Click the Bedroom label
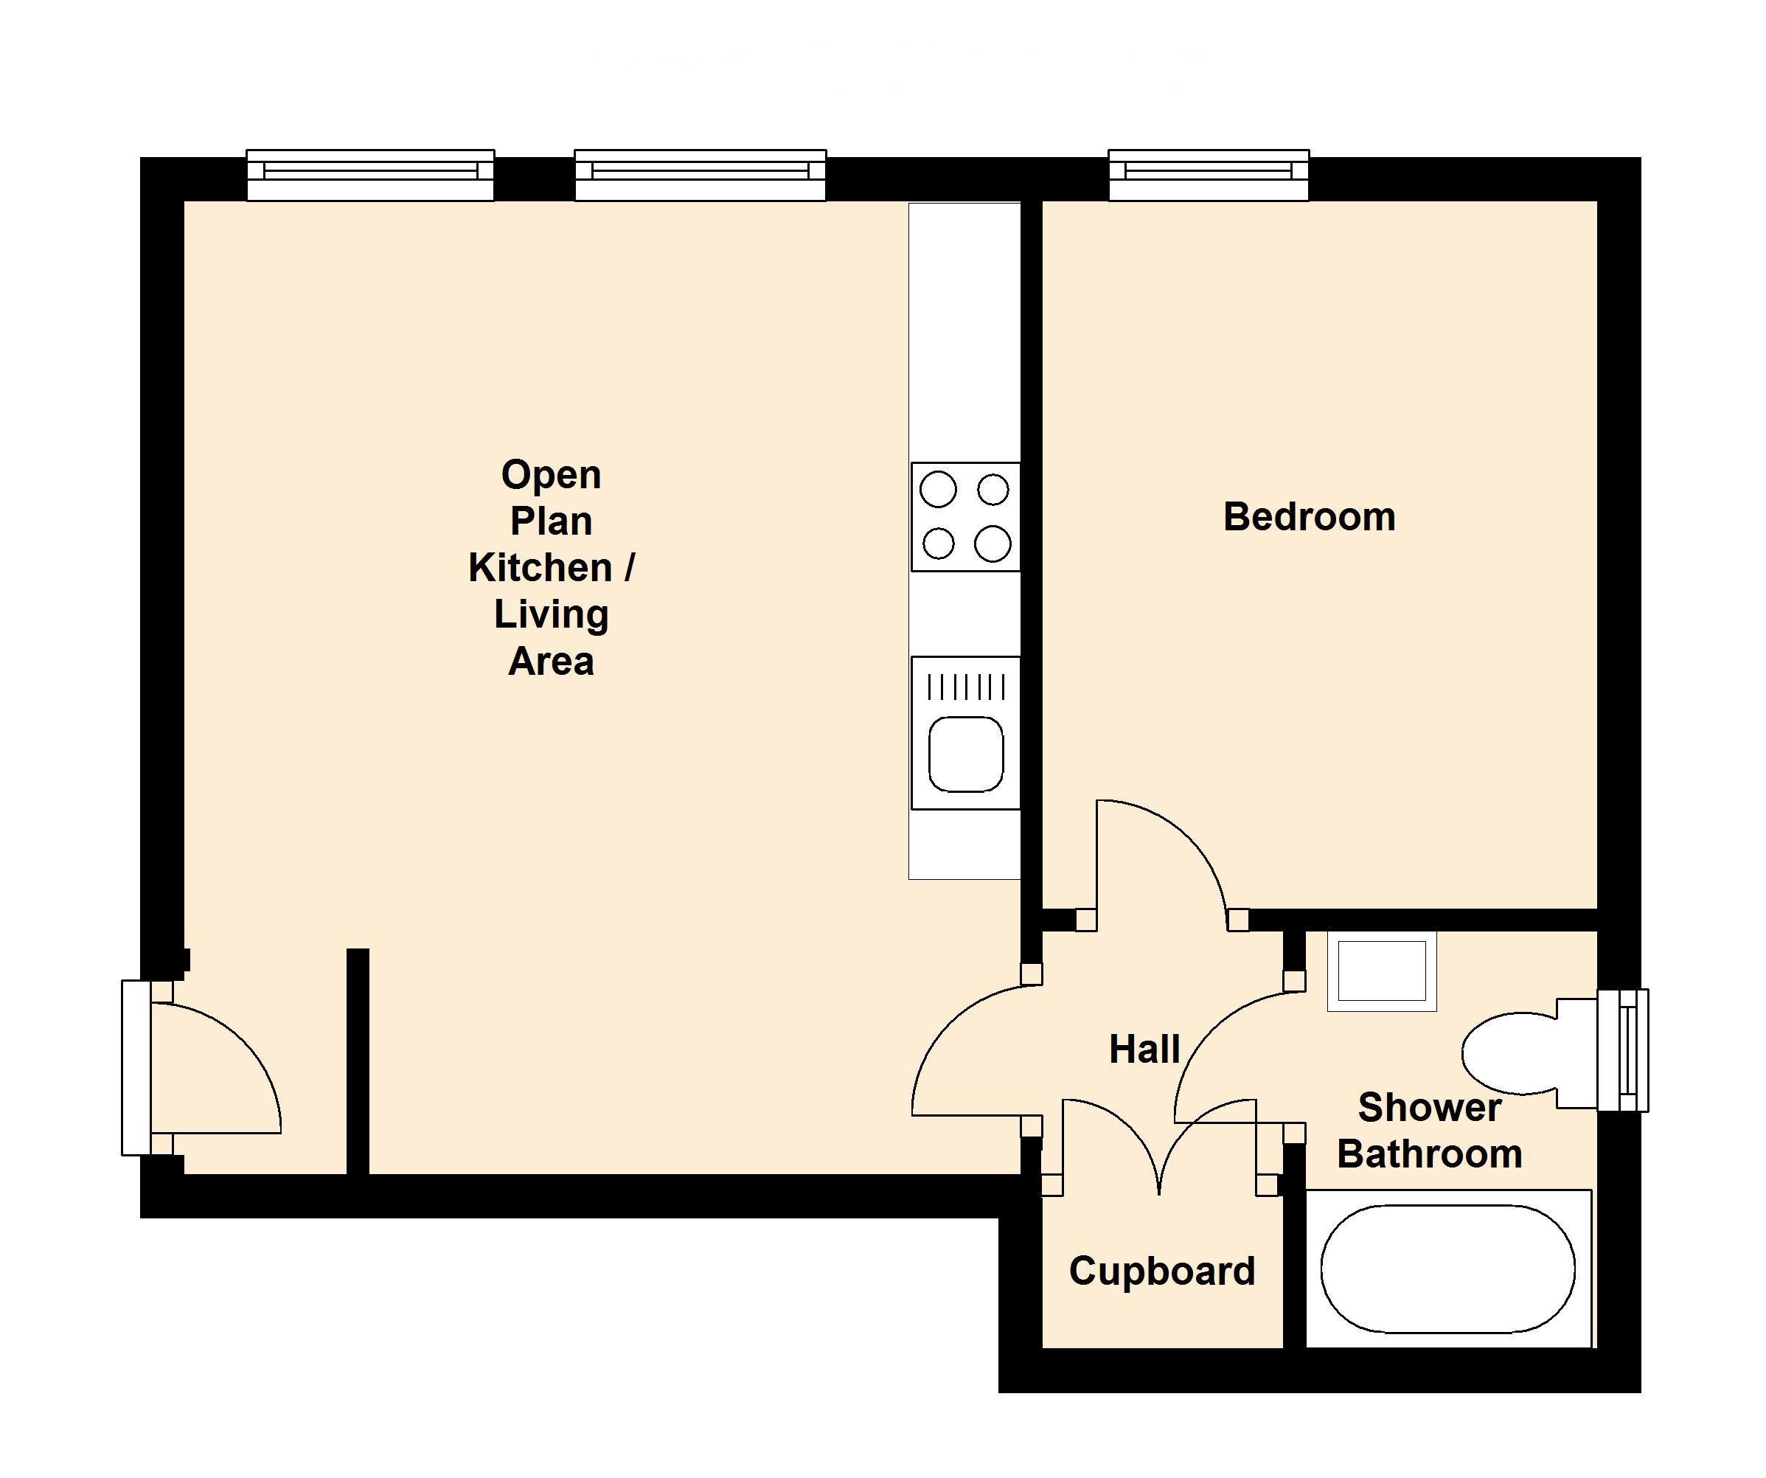coord(1309,516)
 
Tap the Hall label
coord(1144,1049)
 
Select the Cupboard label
coord(1161,1270)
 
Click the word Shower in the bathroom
coord(1429,1107)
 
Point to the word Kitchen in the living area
coord(540,568)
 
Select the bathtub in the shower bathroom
coord(1447,1269)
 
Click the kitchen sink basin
coord(965,754)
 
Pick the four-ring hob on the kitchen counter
coord(965,516)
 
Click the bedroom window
coord(1209,175)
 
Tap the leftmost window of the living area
coord(370,175)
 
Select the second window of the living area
coord(700,175)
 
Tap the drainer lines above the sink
coord(965,687)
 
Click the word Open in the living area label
coord(551,475)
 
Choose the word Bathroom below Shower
coord(1429,1154)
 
